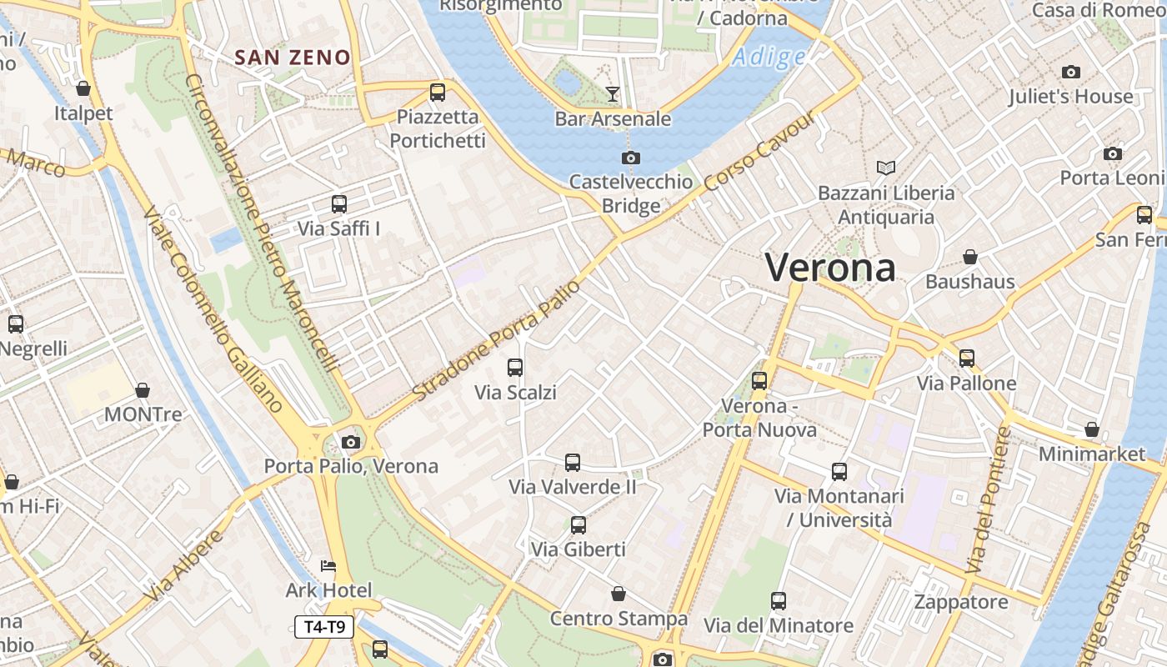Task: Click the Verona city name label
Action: click(830, 268)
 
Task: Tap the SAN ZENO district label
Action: click(293, 58)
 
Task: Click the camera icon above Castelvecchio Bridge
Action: click(631, 158)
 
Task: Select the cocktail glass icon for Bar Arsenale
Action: click(613, 93)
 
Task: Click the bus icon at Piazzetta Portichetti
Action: click(438, 93)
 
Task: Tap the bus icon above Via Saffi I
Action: click(339, 204)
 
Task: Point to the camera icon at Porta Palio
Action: click(351, 442)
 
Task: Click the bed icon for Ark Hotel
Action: click(328, 566)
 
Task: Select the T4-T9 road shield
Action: click(324, 627)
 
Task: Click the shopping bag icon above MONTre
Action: click(143, 390)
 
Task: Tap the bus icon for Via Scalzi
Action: click(515, 368)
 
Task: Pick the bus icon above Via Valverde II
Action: click(573, 462)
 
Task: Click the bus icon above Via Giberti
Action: click(578, 525)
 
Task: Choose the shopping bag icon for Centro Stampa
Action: click(619, 594)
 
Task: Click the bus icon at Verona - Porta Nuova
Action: click(759, 381)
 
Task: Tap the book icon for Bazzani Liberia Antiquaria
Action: click(885, 168)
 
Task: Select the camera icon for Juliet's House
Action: click(1071, 73)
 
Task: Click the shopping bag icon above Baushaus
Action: click(969, 257)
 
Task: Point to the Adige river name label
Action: click(769, 57)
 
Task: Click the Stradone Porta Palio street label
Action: click(495, 340)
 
